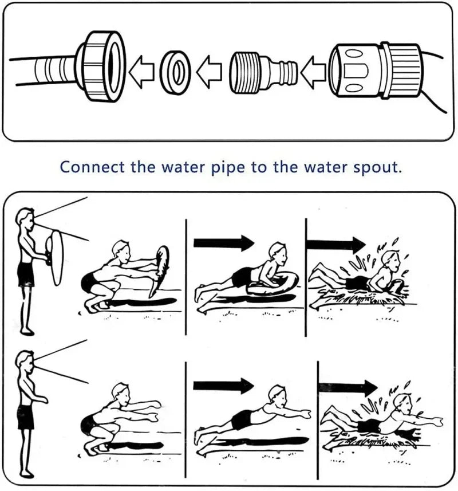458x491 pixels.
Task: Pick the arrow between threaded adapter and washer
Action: (x=210, y=72)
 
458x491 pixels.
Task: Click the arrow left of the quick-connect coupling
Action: (x=313, y=71)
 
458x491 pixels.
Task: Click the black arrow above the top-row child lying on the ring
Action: (x=223, y=242)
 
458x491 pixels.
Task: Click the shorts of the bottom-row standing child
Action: (x=25, y=417)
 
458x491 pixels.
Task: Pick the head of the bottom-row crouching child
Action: (x=121, y=391)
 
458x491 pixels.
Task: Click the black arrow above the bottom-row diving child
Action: (x=223, y=386)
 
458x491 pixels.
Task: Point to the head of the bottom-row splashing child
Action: (x=405, y=401)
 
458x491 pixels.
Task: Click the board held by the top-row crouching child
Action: (x=160, y=269)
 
